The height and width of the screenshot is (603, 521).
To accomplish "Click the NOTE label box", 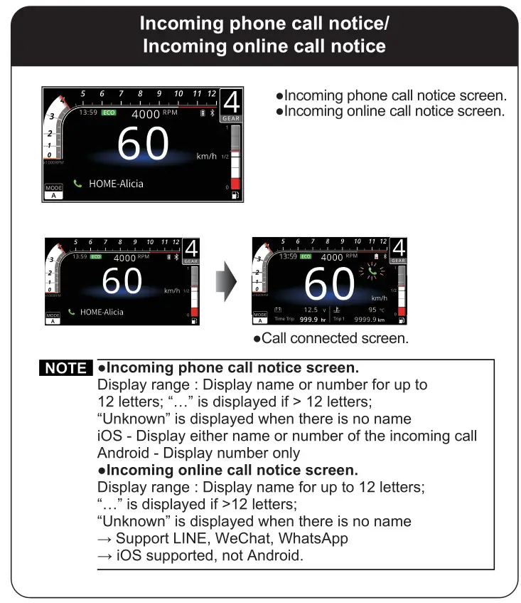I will coord(66,368).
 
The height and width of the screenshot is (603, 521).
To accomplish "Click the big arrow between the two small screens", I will coord(225,280).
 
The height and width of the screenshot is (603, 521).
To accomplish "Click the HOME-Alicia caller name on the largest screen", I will coord(116,184).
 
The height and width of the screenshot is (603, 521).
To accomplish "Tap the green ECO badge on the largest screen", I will coord(109,112).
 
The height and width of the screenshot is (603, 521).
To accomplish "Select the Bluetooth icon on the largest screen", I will coord(212,113).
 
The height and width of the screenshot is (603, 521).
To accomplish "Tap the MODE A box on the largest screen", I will coord(54,192).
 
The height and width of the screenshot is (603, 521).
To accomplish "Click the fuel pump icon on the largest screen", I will coord(235,195).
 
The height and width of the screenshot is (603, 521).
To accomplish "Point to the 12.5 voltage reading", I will coord(311,310).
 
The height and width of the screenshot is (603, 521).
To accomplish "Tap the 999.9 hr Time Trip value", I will coord(312,320).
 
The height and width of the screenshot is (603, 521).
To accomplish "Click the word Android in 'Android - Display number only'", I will coord(123,453).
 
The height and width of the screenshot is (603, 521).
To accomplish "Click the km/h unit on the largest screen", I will coord(206,156).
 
